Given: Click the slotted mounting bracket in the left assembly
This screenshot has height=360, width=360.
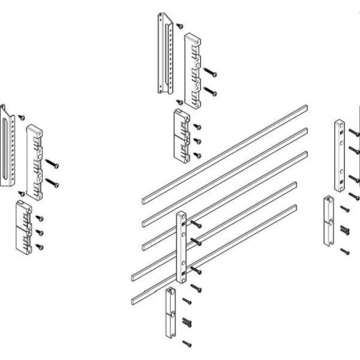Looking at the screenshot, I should click(8, 146).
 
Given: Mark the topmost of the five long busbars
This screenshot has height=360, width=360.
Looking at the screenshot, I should click(222, 153).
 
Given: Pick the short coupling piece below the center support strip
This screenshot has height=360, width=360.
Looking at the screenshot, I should click(170, 312).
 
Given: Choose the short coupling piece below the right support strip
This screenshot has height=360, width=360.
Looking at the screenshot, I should click(329, 222).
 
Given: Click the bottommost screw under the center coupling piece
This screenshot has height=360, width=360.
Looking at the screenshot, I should click(185, 342).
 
